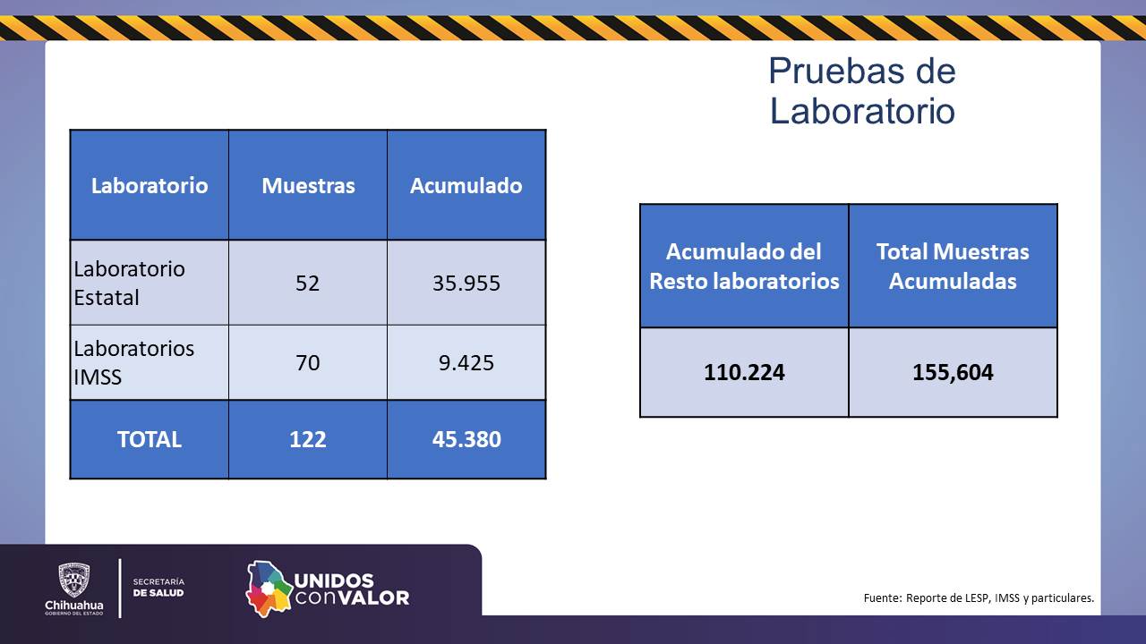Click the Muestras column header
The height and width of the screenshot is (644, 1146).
click(308, 185)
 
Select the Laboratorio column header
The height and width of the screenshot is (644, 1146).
click(150, 185)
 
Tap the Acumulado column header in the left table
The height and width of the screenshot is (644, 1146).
click(466, 185)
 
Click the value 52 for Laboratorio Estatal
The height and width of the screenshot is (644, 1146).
click(307, 284)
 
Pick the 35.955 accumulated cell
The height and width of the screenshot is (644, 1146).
click(466, 284)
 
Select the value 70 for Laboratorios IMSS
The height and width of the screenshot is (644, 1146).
click(307, 363)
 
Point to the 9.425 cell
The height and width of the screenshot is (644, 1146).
click(466, 363)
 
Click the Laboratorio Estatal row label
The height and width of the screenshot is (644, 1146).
click(129, 284)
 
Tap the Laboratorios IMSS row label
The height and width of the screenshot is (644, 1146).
click(133, 363)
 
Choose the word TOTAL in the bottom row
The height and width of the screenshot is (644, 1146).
click(150, 439)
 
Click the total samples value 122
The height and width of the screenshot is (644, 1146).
click(307, 439)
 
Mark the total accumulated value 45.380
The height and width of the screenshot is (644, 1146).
click(466, 439)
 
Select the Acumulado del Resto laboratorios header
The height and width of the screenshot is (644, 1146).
click(744, 267)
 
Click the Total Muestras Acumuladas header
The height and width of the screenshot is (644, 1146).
click(953, 267)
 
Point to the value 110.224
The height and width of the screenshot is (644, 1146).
click(744, 372)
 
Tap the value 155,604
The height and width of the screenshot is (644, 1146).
click(953, 372)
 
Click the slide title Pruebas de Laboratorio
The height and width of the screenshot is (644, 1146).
click(862, 91)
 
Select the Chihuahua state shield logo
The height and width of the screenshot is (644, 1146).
click(74, 580)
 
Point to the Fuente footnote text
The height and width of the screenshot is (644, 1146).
click(979, 598)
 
